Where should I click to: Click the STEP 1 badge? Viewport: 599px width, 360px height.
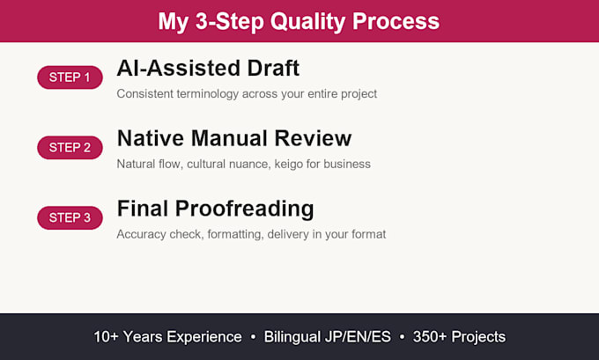(70, 77)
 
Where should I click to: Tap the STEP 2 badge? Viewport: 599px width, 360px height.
(70, 147)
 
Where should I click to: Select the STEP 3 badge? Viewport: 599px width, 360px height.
(70, 217)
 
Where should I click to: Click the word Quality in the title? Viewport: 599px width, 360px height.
(308, 22)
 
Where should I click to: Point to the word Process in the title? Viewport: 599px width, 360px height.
(396, 21)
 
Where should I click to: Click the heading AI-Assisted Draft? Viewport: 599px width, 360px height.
(208, 68)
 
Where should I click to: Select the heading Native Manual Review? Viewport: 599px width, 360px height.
(234, 138)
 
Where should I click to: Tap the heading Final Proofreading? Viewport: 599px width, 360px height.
(216, 209)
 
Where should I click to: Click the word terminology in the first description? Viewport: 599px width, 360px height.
(207, 94)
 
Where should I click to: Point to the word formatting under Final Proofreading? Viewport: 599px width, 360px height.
(235, 234)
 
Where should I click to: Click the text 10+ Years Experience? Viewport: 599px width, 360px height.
(167, 337)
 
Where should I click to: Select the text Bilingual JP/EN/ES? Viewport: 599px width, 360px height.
(328, 337)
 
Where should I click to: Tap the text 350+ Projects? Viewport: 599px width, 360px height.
(459, 337)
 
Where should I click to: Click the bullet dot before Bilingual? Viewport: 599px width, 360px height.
(253, 337)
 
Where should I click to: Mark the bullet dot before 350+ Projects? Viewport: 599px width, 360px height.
(402, 337)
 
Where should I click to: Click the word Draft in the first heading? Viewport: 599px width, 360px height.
(273, 68)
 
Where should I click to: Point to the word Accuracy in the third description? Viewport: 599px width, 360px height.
(141, 234)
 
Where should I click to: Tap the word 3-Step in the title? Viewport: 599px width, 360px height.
(230, 22)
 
